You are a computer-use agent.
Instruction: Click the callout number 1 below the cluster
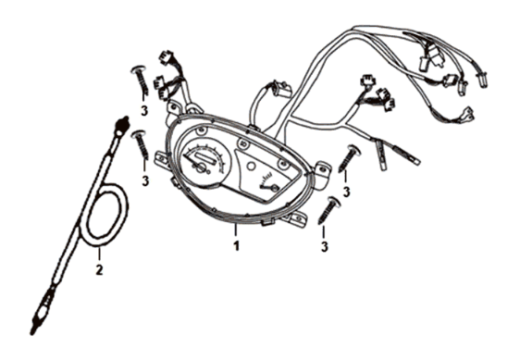pos(237,247)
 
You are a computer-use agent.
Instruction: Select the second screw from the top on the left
pos(141,145)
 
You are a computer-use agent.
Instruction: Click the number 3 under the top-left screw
pos(144,111)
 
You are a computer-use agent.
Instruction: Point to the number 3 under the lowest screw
pos(325,247)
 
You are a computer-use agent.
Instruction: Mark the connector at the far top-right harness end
pos(482,77)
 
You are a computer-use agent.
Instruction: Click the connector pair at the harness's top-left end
pos(167,69)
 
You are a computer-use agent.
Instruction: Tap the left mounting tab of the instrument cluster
pos(172,108)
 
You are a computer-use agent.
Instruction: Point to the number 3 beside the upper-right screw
pos(346,192)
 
